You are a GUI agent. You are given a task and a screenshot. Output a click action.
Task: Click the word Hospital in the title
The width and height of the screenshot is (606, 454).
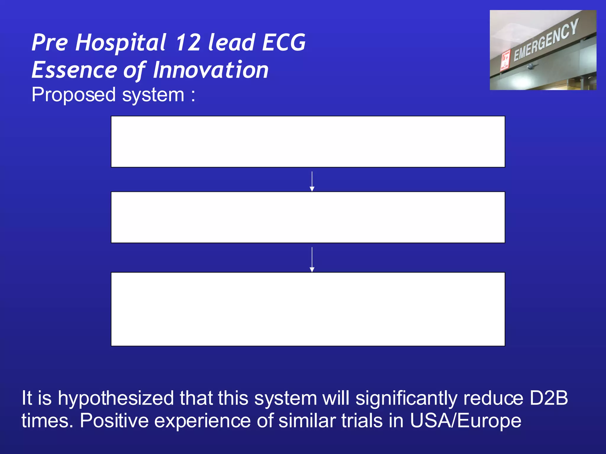coord(121,43)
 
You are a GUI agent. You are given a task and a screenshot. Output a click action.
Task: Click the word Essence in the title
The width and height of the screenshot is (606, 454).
coord(74,70)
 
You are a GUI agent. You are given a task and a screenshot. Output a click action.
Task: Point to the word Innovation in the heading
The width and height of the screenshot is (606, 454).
coord(211,70)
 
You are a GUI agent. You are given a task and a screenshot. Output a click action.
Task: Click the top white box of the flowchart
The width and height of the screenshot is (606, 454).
coord(308,142)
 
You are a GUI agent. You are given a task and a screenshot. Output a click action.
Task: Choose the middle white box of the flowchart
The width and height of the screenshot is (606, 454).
coord(308,217)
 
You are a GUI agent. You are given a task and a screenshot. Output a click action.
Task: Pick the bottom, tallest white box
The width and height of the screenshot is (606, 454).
coord(308,309)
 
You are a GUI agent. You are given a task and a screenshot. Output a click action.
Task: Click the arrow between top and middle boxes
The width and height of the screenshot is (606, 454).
coord(312,181)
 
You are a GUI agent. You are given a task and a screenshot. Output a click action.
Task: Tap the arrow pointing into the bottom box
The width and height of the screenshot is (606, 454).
coord(312,260)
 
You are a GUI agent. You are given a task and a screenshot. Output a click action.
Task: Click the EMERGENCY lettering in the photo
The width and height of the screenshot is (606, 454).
coord(546,40)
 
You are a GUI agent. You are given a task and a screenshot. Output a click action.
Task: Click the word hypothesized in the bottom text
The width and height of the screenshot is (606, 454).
coord(116,398)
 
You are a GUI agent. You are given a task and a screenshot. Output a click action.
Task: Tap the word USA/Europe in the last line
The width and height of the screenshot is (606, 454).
coord(465,421)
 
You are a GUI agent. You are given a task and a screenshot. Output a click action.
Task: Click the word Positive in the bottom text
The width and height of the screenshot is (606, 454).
coord(114,421)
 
